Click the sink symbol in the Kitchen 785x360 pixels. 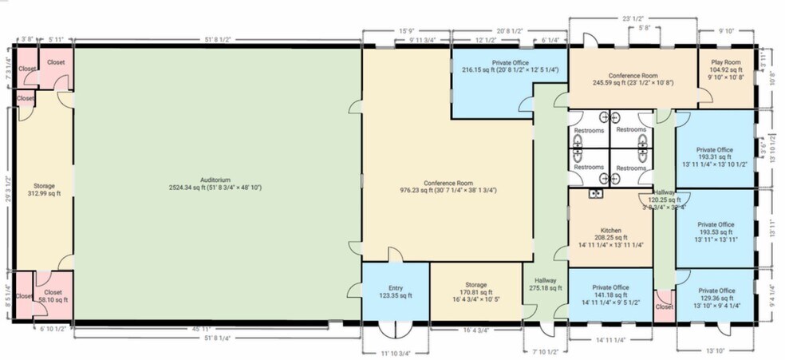(x=595, y=194)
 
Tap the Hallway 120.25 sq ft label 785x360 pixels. (x=663, y=200)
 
